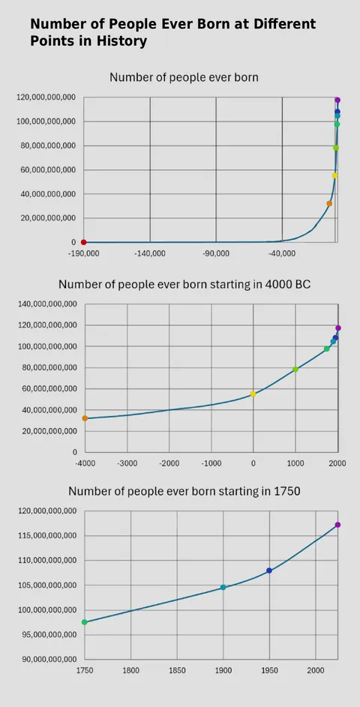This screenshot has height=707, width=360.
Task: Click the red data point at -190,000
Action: pyautogui.click(x=83, y=242)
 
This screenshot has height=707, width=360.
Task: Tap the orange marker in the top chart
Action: pyautogui.click(x=329, y=203)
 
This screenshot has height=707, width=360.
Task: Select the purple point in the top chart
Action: pyautogui.click(x=337, y=100)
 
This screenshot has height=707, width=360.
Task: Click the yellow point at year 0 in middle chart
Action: pyautogui.click(x=253, y=394)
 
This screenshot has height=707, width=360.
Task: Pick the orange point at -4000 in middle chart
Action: pyautogui.click(x=85, y=418)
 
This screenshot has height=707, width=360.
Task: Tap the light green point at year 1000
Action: pyautogui.click(x=295, y=369)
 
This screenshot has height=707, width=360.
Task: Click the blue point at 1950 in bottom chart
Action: pyautogui.click(x=269, y=571)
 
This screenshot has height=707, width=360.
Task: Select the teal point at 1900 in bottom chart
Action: pyautogui.click(x=223, y=588)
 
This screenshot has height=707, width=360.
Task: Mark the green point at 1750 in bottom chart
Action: pyautogui.click(x=85, y=622)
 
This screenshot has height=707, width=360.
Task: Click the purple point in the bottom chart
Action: pyautogui.click(x=337, y=525)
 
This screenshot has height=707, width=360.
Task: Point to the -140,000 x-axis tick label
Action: pyautogui.click(x=150, y=254)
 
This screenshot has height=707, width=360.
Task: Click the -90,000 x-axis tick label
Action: pyautogui.click(x=216, y=254)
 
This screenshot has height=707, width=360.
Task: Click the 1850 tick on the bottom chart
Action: pyautogui.click(x=177, y=670)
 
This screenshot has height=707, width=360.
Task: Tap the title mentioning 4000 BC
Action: pyautogui.click(x=184, y=285)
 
